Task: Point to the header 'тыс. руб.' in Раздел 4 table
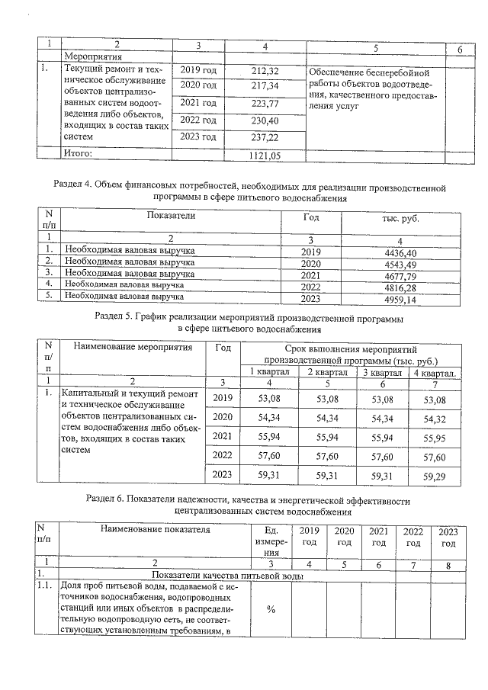pyautogui.click(x=400, y=218)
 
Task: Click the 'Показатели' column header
pyautogui.click(x=172, y=216)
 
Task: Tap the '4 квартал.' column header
pyautogui.click(x=434, y=372)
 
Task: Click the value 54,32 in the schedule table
pyautogui.click(x=434, y=418)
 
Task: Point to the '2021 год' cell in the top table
pyautogui.click(x=198, y=103)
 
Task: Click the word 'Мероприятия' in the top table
pyautogui.click(x=94, y=56)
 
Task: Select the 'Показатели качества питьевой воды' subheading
pyautogui.click(x=228, y=575)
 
